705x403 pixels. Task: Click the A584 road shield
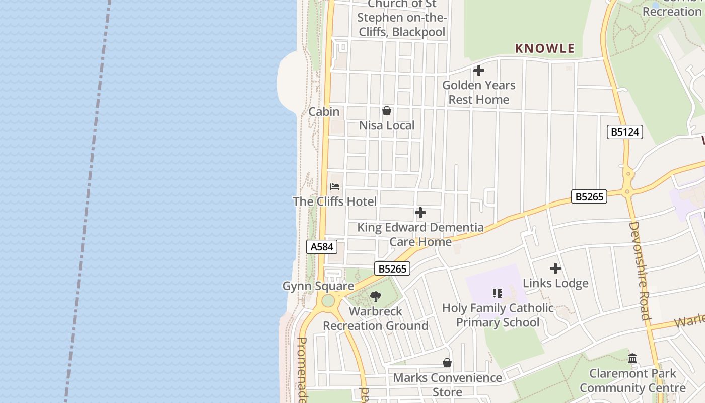[321, 247]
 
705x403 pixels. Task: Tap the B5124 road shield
[624, 132]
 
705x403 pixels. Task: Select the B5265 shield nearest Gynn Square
[392, 268]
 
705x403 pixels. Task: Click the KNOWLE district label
[544, 48]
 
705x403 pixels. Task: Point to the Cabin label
[324, 112]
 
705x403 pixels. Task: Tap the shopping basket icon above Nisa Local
[387, 111]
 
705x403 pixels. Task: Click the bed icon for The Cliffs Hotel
[335, 187]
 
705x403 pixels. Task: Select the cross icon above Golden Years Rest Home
[479, 71]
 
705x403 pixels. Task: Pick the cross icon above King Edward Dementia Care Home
[420, 213]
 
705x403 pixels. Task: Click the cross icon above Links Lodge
[555, 268]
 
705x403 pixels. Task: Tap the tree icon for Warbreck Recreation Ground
[376, 297]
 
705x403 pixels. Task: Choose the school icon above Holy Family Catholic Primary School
[498, 293]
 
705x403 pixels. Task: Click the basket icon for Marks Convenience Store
[447, 363]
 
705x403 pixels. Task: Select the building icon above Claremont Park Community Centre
[632, 359]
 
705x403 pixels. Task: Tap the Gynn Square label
[318, 286]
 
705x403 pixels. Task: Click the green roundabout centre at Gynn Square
[328, 301]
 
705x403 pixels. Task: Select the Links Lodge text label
[555, 283]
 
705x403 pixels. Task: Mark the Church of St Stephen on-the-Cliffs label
[401, 18]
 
